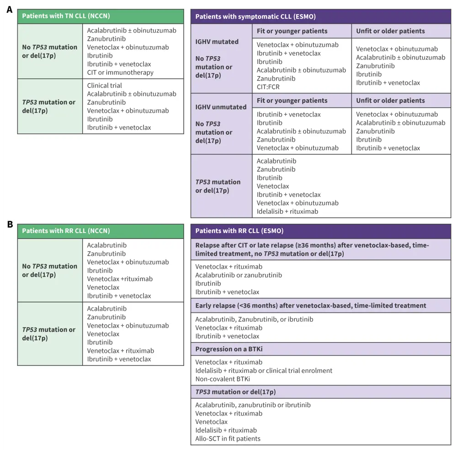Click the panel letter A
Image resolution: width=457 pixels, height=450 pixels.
pos(9,9)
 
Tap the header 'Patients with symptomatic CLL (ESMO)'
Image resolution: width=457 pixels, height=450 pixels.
pos(255,16)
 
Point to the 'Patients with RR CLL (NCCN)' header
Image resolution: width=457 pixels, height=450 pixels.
pos(66,231)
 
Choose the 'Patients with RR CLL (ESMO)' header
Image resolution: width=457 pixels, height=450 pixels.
pos(239,231)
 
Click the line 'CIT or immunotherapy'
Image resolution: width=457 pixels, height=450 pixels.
pos(120,73)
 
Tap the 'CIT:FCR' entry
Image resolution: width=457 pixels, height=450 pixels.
pos(270,87)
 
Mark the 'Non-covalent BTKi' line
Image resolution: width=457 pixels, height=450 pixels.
pos(223,379)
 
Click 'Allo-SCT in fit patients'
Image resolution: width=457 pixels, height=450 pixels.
pos(228,439)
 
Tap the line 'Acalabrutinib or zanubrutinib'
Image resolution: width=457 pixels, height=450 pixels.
pos(239,275)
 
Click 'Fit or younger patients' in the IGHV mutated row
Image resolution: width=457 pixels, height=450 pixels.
pos(292,31)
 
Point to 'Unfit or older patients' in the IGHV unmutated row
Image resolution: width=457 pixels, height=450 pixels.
pos(390,101)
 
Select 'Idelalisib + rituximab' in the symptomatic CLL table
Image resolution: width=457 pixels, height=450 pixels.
pos(287,212)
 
